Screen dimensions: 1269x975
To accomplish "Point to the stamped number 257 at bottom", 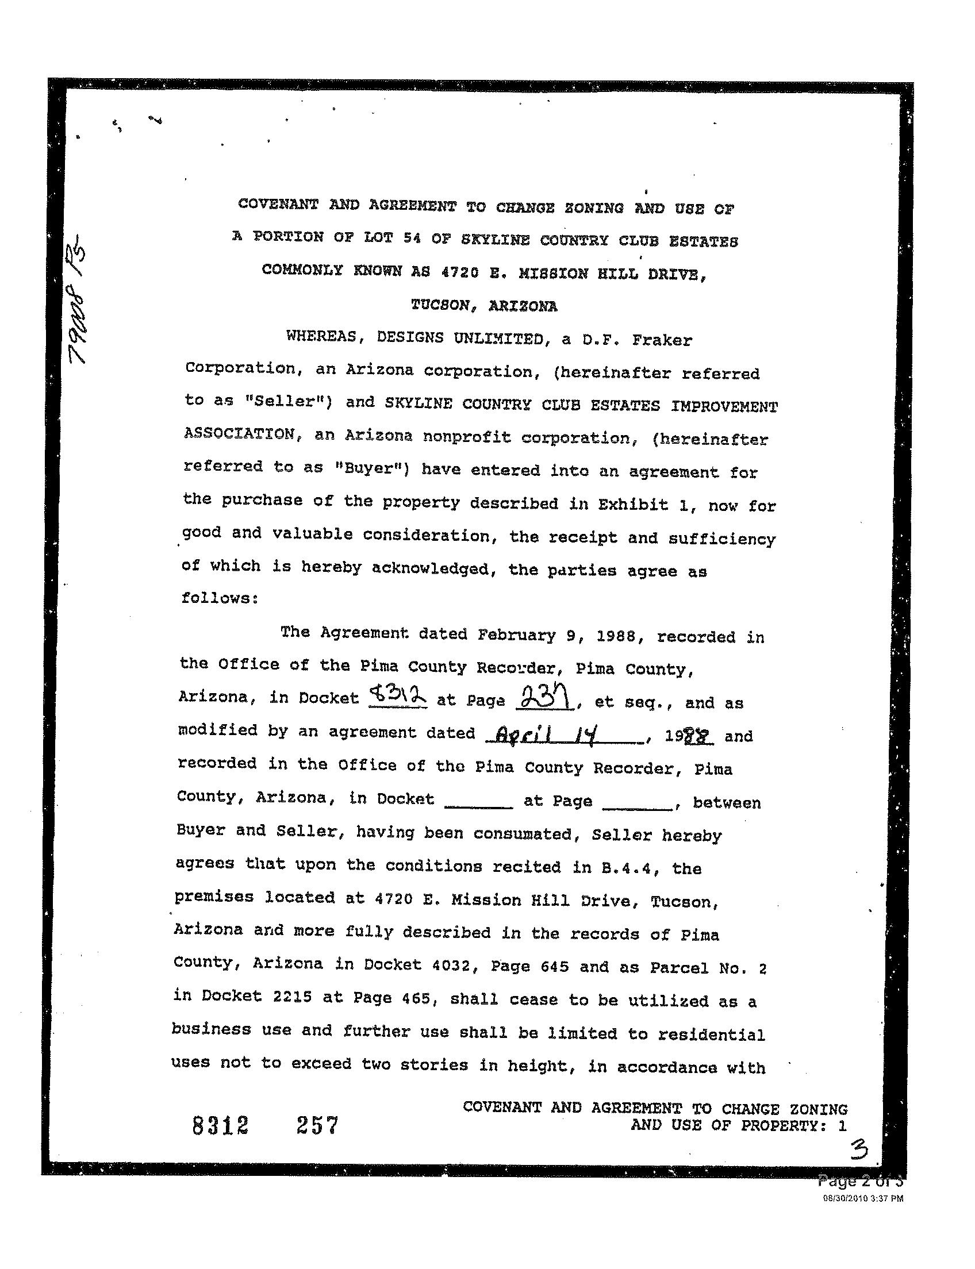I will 317,1126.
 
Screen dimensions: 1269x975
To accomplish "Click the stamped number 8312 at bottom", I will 221,1126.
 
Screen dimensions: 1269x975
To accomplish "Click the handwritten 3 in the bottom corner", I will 859,1148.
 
